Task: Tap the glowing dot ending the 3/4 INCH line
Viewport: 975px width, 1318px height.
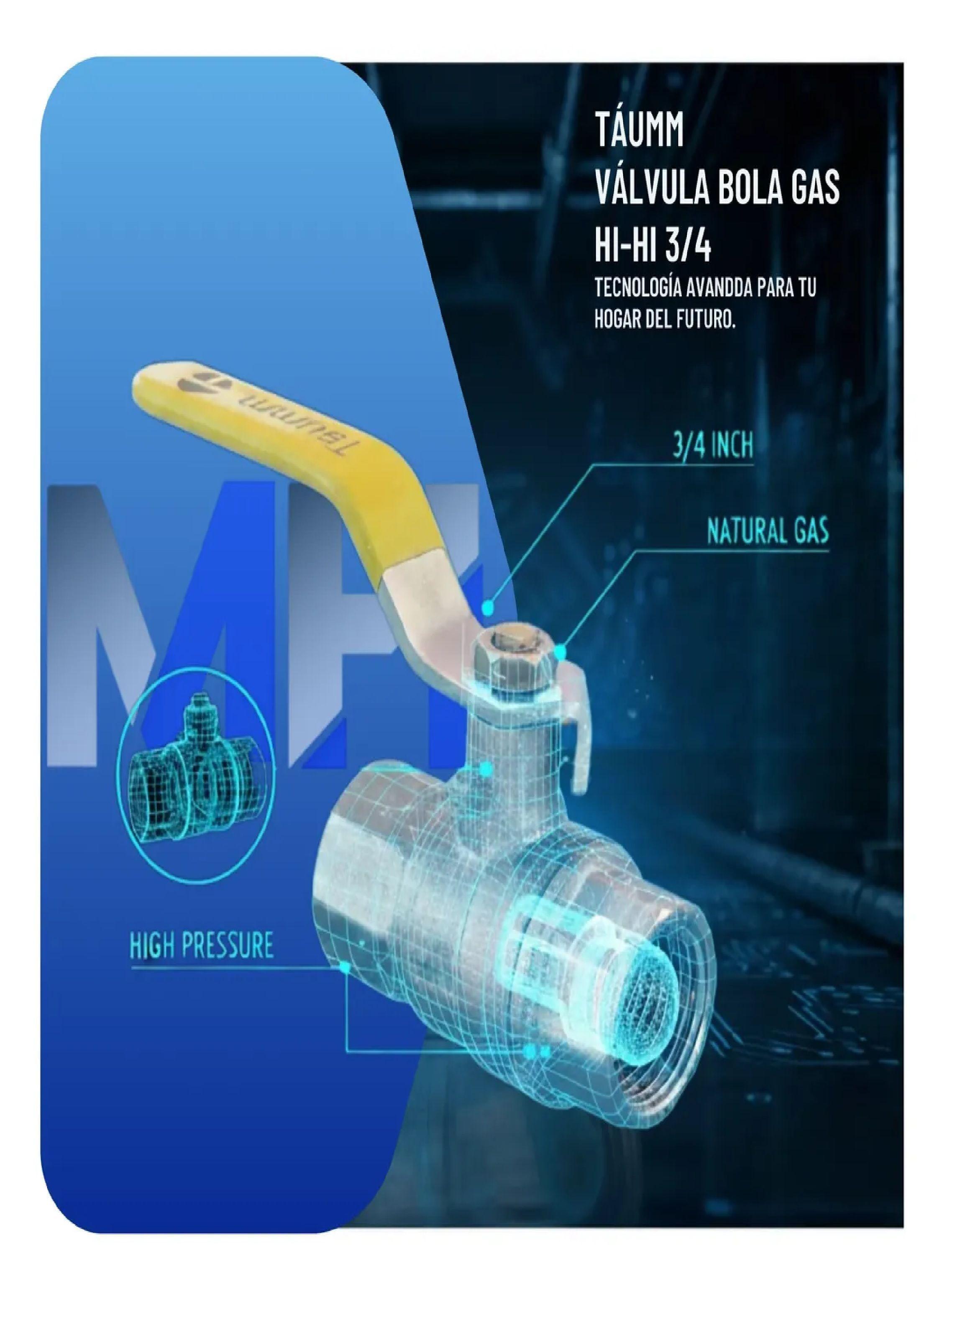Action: (488, 606)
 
